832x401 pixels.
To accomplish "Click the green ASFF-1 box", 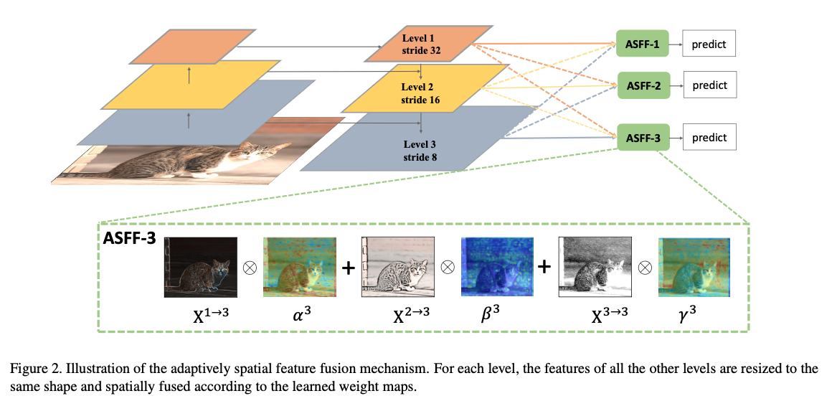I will [x=642, y=44].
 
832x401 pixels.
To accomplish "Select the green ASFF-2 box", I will [x=642, y=85].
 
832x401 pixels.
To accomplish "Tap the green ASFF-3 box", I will [x=642, y=138].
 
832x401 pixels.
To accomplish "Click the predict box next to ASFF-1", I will [x=709, y=44].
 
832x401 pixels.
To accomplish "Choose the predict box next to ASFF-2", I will [x=709, y=85].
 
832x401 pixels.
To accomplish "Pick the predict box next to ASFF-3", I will [x=709, y=138].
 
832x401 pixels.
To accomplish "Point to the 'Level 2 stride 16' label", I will [x=420, y=93].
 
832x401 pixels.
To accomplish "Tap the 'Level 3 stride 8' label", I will [x=420, y=148].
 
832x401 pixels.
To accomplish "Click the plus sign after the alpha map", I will [x=348, y=267].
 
